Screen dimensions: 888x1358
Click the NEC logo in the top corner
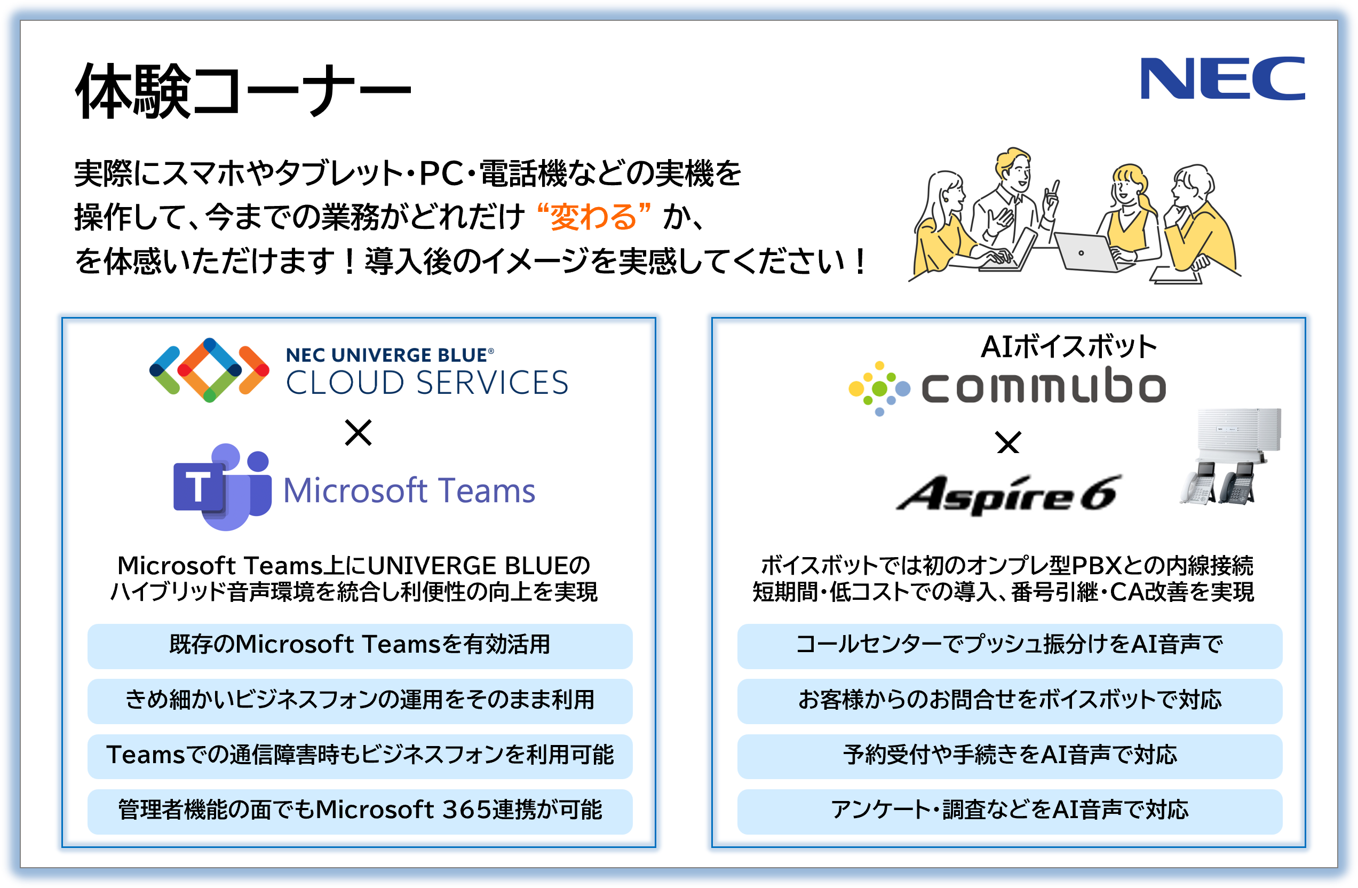tap(1221, 79)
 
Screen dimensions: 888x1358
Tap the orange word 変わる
tap(593, 217)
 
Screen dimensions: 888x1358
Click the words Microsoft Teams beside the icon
tap(409, 490)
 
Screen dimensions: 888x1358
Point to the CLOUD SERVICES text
tap(427, 383)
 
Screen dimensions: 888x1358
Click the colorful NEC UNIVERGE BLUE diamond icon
tap(209, 370)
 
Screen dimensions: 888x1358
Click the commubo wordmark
tap(1044, 387)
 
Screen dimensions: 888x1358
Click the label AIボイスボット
tap(1069, 346)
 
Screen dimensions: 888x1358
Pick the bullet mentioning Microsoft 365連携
tap(360, 811)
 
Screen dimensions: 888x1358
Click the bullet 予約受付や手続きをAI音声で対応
tap(1010, 756)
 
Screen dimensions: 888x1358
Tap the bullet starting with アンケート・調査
tap(1010, 811)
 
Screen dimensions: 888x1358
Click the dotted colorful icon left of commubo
tap(879, 388)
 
